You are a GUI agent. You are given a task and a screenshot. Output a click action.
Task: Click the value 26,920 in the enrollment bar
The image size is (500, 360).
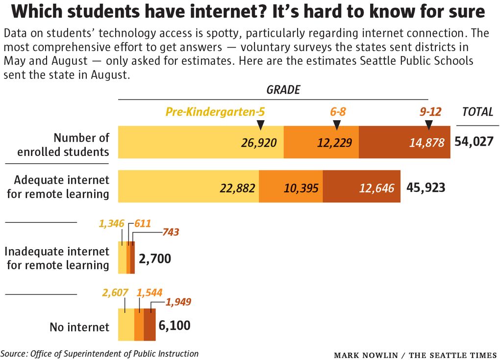[259, 143]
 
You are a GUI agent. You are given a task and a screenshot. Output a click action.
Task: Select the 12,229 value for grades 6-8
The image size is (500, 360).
[336, 143]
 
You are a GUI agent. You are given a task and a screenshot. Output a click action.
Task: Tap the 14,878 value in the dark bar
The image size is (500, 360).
[427, 143]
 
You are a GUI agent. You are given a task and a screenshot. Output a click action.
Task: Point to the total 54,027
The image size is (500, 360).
[475, 142]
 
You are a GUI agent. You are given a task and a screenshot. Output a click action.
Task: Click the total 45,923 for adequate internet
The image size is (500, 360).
[425, 187]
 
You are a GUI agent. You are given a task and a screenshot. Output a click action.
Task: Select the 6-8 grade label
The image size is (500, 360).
[338, 112]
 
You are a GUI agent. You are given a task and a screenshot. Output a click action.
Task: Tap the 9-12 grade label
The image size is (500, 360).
[430, 112]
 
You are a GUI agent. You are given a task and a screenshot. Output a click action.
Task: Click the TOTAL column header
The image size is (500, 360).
[477, 112]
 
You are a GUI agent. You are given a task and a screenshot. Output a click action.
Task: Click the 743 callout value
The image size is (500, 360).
[170, 232]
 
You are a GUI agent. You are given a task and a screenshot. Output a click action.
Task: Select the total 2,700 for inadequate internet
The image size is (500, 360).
[155, 258]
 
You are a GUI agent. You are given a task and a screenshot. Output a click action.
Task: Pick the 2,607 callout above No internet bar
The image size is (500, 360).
[115, 293]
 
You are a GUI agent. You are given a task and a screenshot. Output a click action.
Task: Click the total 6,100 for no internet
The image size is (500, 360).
[174, 325]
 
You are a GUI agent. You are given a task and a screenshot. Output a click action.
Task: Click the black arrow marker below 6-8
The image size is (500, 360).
[336, 126]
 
